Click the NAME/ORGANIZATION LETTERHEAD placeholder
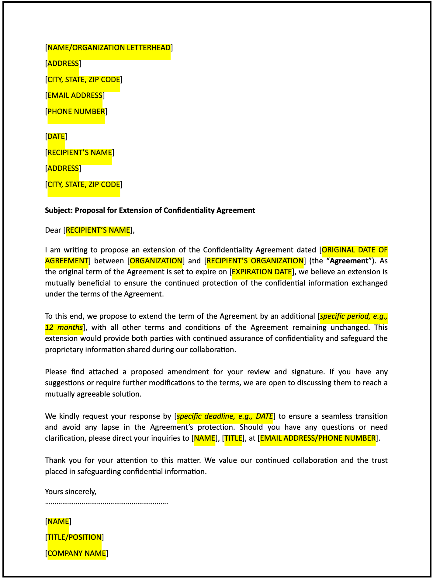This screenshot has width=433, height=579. [109, 48]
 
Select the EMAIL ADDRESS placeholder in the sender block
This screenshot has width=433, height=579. [75, 95]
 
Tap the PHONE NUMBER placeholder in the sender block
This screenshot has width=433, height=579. [76, 112]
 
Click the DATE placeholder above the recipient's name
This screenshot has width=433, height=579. [56, 137]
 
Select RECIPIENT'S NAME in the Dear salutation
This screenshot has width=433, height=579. [98, 230]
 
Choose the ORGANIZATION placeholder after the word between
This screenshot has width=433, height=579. [156, 261]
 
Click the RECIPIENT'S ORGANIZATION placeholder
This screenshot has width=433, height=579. [255, 261]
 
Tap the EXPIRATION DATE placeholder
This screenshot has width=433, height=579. [262, 272]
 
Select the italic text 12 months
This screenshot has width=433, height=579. [64, 328]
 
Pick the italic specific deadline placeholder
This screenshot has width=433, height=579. [225, 416]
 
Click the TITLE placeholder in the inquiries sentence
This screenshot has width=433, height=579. [233, 438]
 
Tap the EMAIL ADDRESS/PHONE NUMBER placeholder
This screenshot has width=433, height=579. [318, 438]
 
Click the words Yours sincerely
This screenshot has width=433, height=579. [71, 491]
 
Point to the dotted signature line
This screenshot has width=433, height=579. [106, 503]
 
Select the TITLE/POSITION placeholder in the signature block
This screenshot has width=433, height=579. [74, 537]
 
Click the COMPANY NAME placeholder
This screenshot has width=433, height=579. [77, 553]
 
